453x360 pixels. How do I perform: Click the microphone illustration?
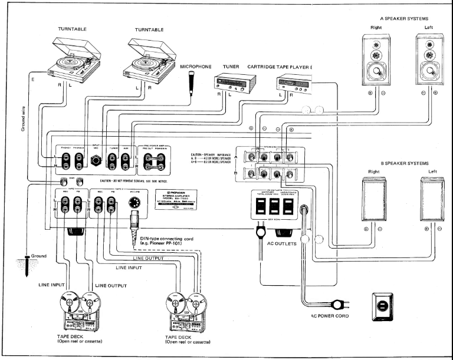click(191, 82)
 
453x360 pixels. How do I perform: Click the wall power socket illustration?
click(382, 308)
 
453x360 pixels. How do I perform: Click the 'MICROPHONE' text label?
click(194, 67)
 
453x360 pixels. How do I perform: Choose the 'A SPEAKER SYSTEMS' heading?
click(405, 18)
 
